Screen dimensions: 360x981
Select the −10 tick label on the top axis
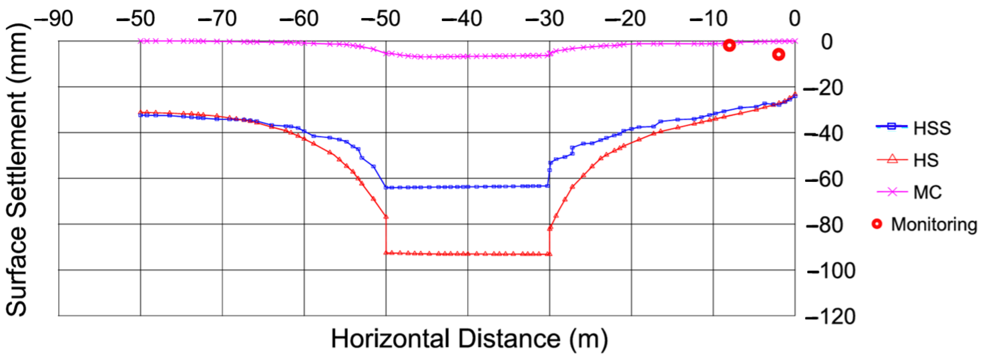pyautogui.click(x=708, y=18)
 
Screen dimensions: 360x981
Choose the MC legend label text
pyautogui.click(x=927, y=192)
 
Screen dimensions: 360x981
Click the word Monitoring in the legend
pyautogui.click(x=934, y=224)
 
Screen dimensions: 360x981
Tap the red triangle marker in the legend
pyautogui.click(x=892, y=159)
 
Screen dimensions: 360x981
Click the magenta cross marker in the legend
pyautogui.click(x=892, y=192)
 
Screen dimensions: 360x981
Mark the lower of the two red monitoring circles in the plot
pyautogui.click(x=778, y=55)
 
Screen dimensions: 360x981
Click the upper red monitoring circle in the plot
pyautogui.click(x=729, y=45)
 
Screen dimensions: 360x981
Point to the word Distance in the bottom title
pyautogui.click(x=509, y=338)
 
